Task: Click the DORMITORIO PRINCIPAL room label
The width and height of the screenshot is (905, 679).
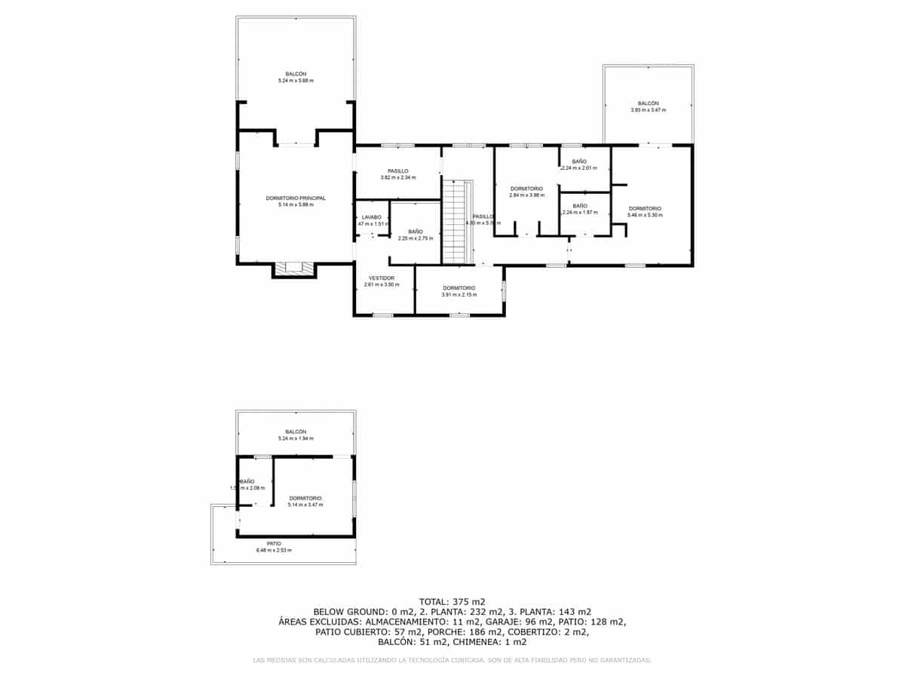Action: click(296, 198)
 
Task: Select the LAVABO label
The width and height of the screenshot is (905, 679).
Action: click(372, 217)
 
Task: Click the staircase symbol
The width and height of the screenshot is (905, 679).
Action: click(454, 222)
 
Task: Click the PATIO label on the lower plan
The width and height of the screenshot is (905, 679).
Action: click(274, 543)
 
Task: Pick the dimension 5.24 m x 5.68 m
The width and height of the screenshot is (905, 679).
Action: click(296, 81)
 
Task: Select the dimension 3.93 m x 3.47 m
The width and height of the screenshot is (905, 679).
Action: click(648, 110)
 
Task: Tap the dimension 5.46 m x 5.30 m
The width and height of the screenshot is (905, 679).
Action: click(645, 215)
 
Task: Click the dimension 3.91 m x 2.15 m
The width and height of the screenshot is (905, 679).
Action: click(459, 294)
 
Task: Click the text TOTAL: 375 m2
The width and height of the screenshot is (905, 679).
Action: click(452, 601)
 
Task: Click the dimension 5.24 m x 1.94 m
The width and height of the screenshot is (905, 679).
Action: click(296, 438)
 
